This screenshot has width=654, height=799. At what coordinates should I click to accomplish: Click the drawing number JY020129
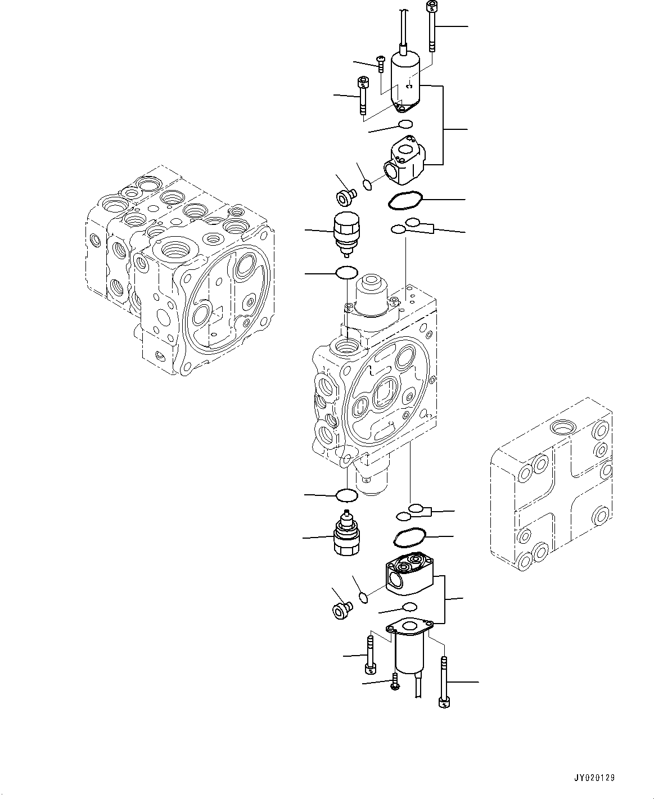point(594,778)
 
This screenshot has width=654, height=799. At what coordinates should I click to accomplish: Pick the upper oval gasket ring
point(403,201)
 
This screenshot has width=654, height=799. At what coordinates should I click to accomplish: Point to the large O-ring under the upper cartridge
point(346,273)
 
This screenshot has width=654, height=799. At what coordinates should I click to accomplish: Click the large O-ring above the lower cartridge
point(346,495)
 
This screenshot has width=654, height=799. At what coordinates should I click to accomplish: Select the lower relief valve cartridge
point(345,536)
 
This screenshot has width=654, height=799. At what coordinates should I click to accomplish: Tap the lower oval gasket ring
point(409,538)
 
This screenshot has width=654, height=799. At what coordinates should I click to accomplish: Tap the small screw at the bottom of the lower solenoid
point(394,683)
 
